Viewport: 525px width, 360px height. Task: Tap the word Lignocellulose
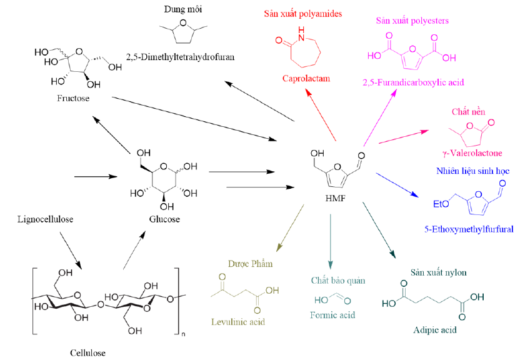coord(42,219)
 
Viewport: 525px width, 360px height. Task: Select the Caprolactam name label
coord(306,79)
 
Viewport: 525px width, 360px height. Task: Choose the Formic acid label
coord(332,315)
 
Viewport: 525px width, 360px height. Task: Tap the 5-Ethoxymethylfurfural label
coord(473,229)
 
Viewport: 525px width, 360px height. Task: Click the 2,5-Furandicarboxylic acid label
coord(412,82)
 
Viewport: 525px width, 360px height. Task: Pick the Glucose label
coord(164,219)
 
